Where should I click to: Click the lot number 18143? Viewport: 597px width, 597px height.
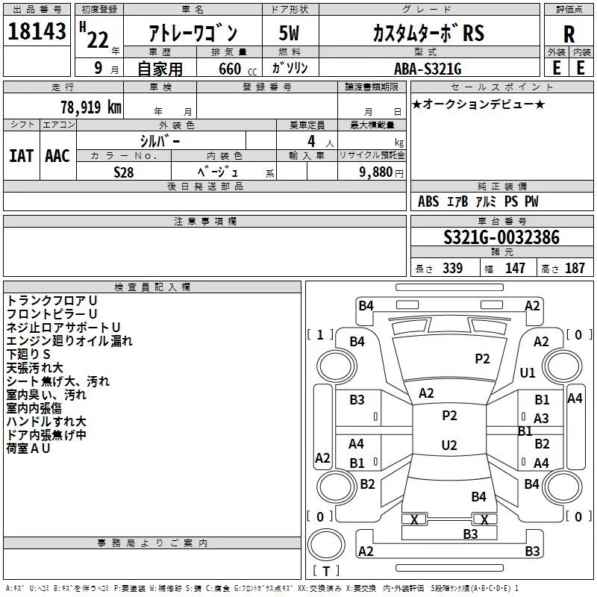tap(37, 31)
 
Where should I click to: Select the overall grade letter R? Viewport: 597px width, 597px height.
tap(569, 34)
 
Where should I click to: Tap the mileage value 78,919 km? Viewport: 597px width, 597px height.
tap(91, 107)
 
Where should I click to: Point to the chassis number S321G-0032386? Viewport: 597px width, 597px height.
tap(501, 237)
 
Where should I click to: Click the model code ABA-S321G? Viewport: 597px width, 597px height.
tap(428, 69)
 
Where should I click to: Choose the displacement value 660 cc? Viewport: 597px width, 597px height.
tap(237, 69)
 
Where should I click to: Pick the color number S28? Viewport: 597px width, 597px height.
tap(124, 172)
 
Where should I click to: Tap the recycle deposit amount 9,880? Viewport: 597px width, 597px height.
tap(376, 172)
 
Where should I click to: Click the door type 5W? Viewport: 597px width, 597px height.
tap(289, 33)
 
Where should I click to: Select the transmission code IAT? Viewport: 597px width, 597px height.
tap(22, 156)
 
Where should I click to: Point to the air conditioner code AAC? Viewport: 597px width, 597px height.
tap(57, 156)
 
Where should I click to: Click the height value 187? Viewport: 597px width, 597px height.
tap(575, 268)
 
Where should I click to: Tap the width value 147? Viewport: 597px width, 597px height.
tap(515, 268)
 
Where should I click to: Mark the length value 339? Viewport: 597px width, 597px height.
tap(452, 268)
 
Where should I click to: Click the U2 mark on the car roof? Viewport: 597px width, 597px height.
tap(449, 445)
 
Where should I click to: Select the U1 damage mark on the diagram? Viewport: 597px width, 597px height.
tap(528, 372)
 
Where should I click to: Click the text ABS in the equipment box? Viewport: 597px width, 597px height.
tap(428, 201)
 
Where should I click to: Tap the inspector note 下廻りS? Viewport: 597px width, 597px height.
tap(28, 354)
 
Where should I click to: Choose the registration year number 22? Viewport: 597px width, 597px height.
tap(98, 40)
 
